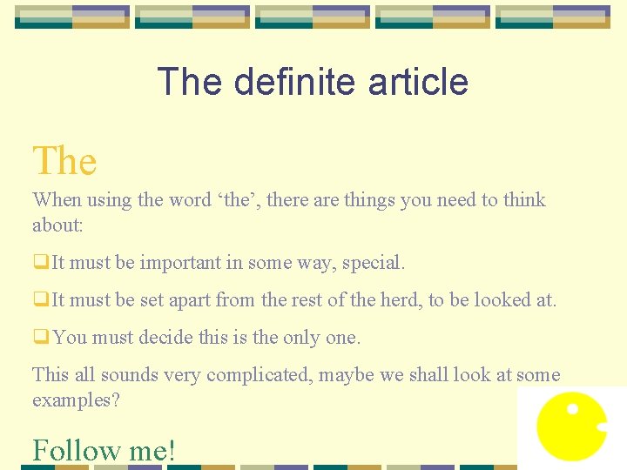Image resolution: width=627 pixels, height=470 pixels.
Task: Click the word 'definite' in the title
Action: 295,82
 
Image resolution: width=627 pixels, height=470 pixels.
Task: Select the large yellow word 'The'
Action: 64,161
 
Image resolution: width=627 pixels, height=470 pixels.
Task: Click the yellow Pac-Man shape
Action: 569,427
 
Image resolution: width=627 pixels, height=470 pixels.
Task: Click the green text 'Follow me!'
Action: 104,450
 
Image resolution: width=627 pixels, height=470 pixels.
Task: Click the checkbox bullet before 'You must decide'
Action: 41,338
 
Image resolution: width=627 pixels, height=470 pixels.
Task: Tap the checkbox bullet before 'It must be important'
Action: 41,262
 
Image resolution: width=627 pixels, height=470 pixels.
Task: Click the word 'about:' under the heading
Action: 57,225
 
